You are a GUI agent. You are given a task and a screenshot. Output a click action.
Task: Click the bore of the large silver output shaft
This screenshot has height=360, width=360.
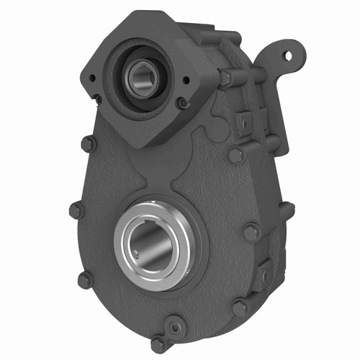click(x=150, y=243)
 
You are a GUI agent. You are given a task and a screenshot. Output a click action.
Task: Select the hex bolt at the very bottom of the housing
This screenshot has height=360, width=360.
click(x=158, y=344)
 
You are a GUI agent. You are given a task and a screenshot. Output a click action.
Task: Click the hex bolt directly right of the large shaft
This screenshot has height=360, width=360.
click(x=251, y=233)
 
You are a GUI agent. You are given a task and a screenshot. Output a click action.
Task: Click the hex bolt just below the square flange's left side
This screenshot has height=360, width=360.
click(x=88, y=144)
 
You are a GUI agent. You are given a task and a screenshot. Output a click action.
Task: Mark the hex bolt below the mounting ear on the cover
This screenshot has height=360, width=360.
click(x=235, y=154)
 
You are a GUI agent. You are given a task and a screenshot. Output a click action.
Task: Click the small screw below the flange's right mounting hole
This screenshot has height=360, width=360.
click(x=184, y=103)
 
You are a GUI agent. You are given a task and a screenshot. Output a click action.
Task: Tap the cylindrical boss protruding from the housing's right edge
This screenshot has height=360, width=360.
click(x=286, y=211)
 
